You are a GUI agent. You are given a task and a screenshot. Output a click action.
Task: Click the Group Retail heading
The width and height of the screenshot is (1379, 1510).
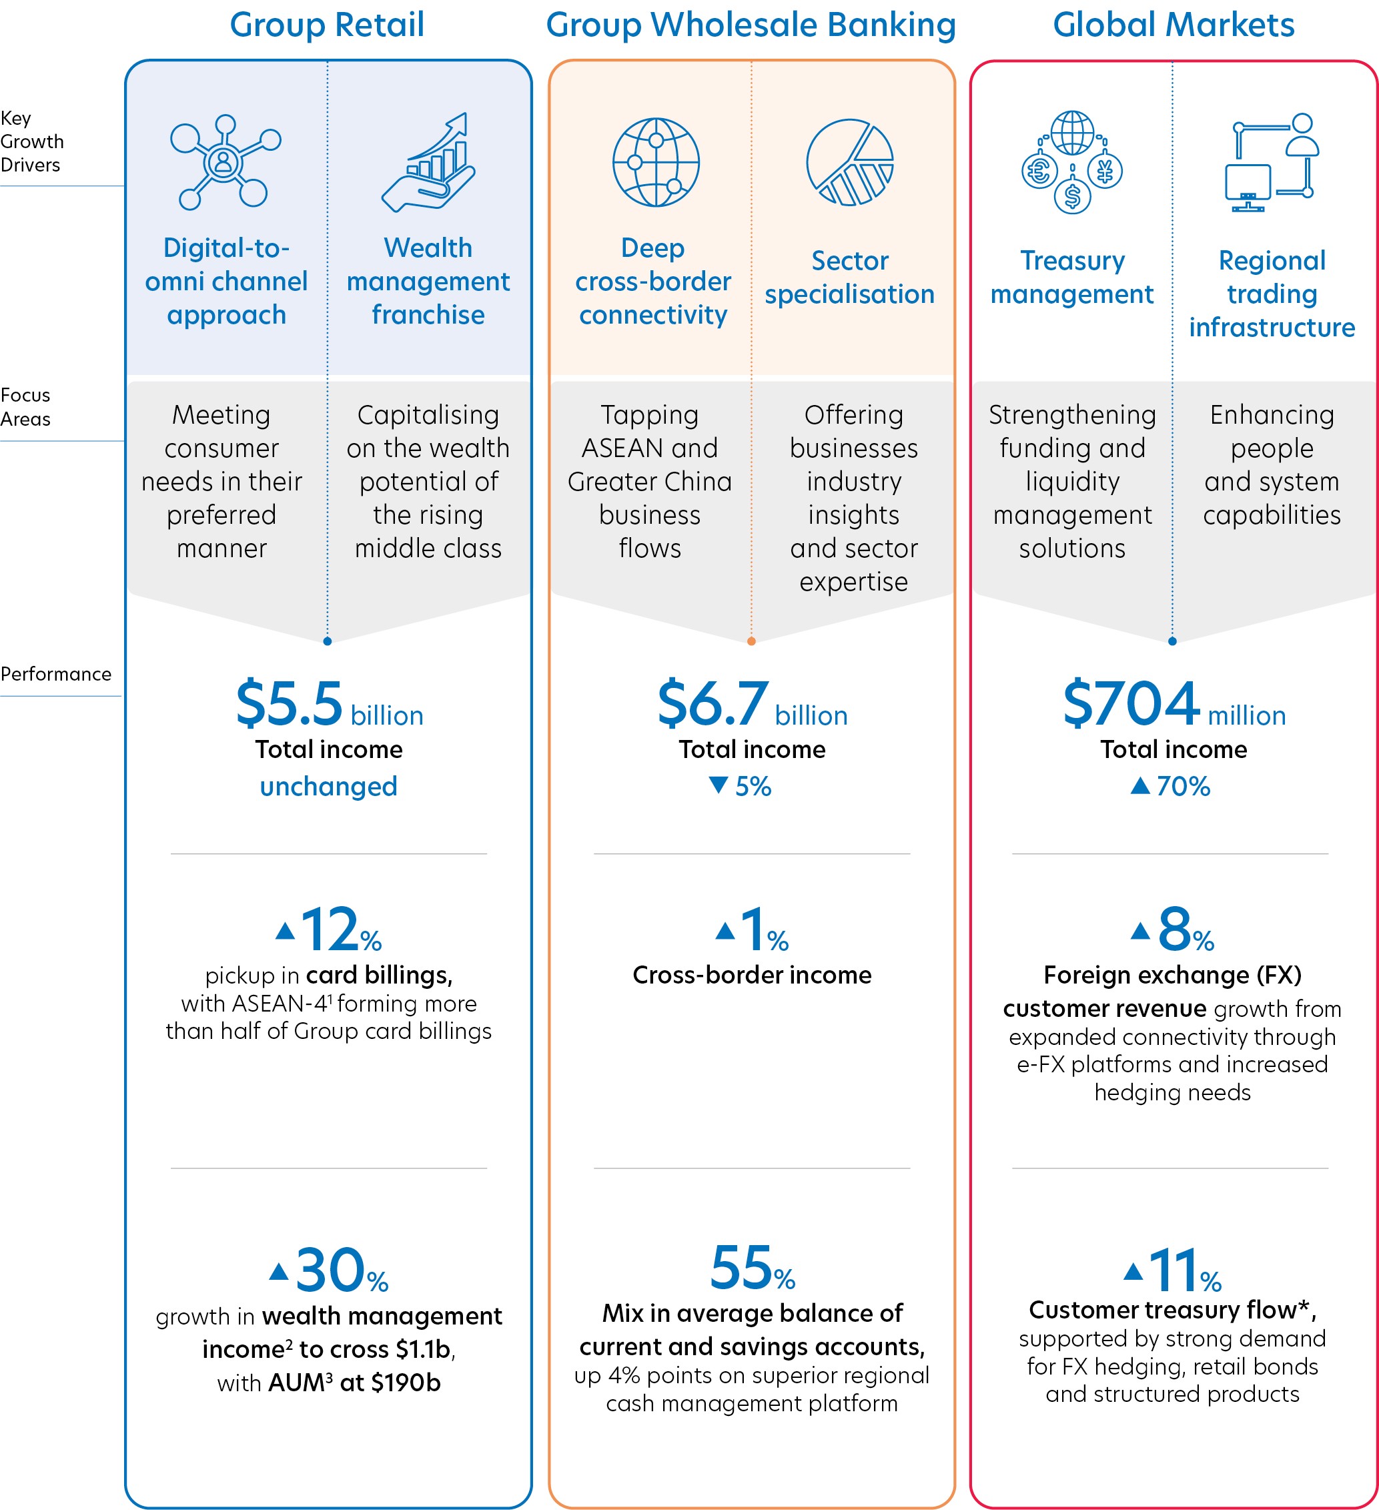[x=327, y=25]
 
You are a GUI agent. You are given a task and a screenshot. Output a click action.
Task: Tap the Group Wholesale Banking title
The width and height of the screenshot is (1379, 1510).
[x=751, y=25]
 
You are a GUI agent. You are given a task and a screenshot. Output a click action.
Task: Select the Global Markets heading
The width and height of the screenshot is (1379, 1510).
[x=1173, y=25]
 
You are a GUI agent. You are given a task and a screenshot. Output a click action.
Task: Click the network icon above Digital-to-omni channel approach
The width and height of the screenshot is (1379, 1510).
[x=225, y=161]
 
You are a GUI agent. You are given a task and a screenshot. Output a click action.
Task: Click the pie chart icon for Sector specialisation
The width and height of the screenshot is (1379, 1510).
[x=849, y=161]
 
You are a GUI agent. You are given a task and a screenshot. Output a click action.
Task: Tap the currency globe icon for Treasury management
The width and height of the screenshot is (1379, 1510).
[x=1072, y=161]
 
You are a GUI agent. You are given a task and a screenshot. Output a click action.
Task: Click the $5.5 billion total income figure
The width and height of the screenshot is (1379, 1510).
[x=329, y=704]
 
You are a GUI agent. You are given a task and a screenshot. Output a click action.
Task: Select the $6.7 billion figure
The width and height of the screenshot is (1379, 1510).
[x=752, y=704]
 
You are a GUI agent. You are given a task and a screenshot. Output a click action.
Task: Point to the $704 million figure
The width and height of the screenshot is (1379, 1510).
[x=1174, y=704]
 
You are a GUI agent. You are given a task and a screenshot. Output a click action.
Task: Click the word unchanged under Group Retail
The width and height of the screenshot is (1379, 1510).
[x=329, y=787]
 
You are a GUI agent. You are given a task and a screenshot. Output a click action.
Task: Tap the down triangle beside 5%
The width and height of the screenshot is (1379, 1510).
[x=719, y=785]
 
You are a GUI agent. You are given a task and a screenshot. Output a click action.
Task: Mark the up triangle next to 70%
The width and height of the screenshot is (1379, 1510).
[x=1139, y=785]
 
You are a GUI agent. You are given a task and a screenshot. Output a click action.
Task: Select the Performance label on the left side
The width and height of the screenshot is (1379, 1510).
[x=55, y=674]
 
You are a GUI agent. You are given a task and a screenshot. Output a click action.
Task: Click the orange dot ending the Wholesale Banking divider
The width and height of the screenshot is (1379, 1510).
[x=751, y=641]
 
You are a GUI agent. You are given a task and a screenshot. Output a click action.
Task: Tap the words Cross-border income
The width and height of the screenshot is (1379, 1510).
[x=752, y=976]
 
